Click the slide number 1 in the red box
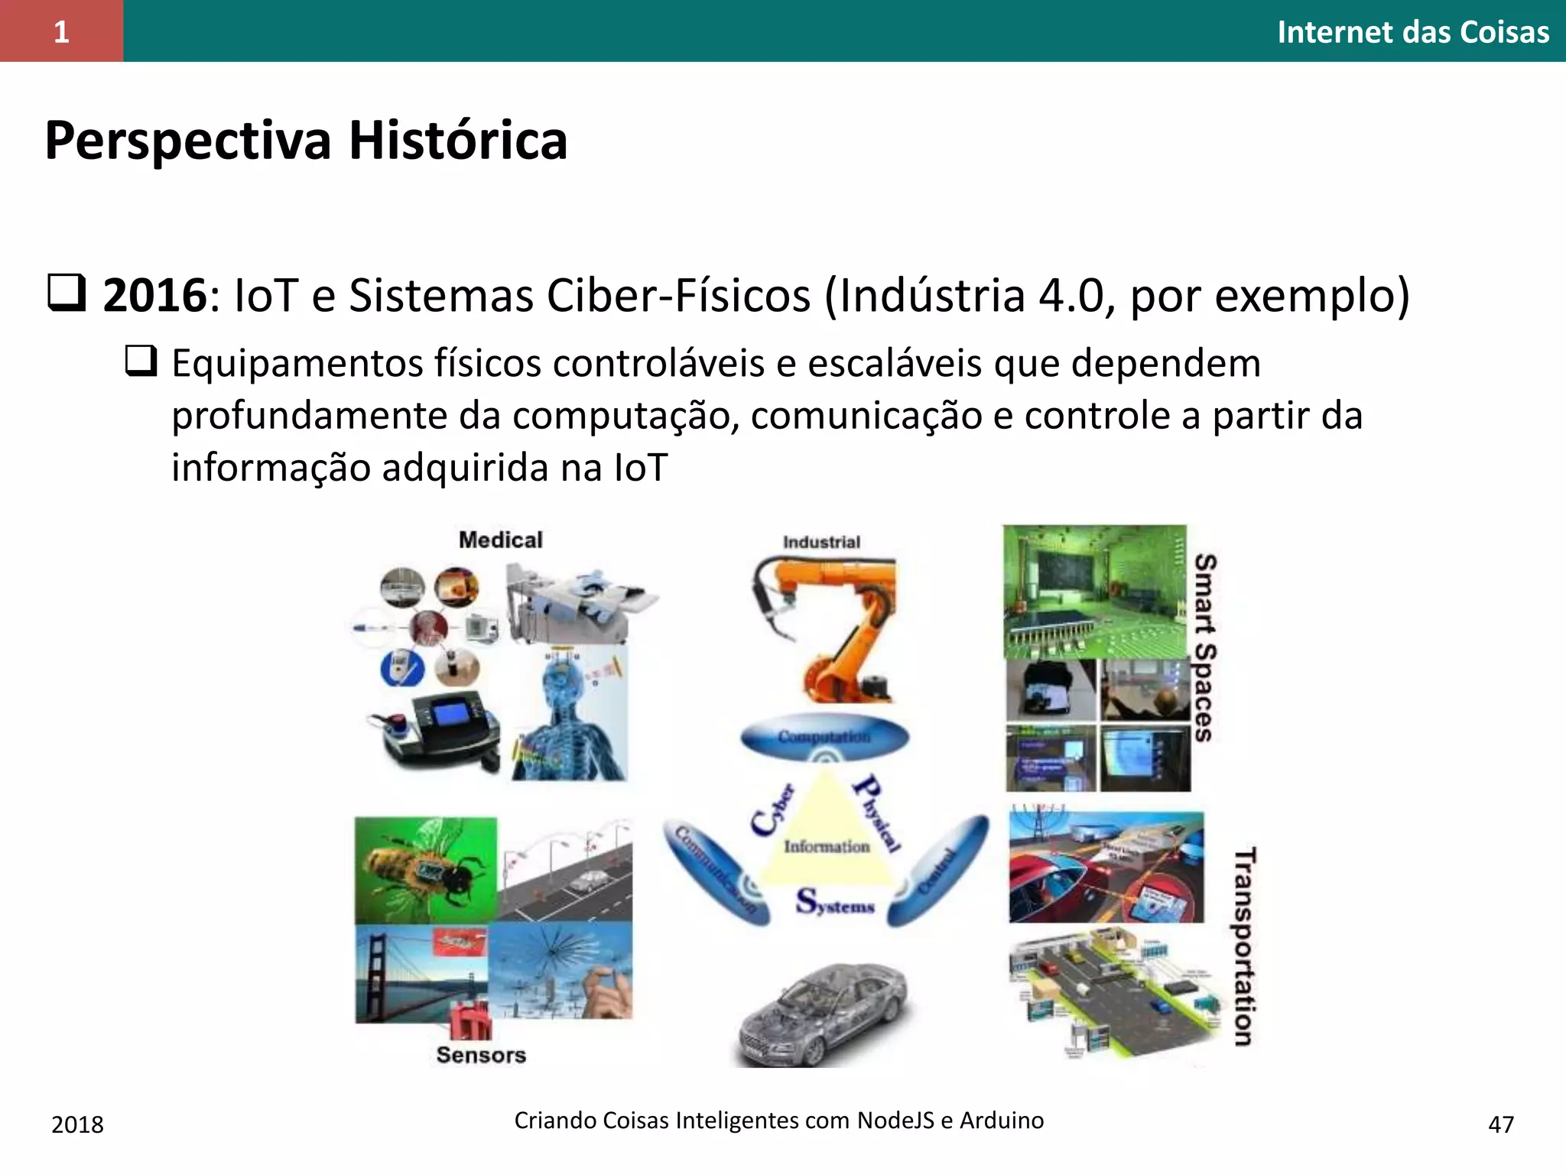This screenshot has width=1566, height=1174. [61, 32]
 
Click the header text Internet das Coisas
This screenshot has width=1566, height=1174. [1412, 32]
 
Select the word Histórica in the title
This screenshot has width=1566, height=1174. [458, 141]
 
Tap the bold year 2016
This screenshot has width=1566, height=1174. [154, 295]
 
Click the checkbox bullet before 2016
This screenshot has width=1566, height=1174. [67, 294]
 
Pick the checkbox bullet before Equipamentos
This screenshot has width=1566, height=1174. [141, 361]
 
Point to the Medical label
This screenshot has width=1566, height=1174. [500, 540]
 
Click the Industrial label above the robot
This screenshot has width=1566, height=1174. [821, 542]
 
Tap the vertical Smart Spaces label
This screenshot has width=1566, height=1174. [1204, 647]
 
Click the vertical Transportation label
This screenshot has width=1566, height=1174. [1244, 945]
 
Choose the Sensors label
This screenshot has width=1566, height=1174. [481, 1055]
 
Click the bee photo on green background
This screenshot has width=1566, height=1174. [425, 870]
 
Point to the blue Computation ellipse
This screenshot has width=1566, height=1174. [824, 737]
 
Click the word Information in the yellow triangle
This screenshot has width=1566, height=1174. [827, 846]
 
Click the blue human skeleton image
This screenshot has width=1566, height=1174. [570, 715]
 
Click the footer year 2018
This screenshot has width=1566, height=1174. [77, 1124]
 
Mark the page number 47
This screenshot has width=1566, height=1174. [1501, 1124]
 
